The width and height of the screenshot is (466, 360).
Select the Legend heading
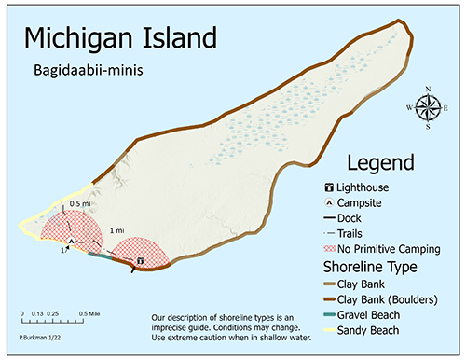[379, 163]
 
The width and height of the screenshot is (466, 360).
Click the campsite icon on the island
[71, 241]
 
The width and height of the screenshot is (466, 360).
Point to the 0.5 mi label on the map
[81, 203]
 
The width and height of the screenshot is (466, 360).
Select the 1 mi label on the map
[117, 230]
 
